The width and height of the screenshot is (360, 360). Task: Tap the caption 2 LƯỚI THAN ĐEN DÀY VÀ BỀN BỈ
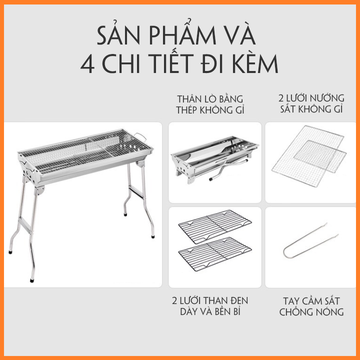209,306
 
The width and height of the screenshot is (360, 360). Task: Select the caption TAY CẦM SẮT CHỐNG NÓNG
311,306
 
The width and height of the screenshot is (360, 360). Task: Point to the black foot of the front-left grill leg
32,279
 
